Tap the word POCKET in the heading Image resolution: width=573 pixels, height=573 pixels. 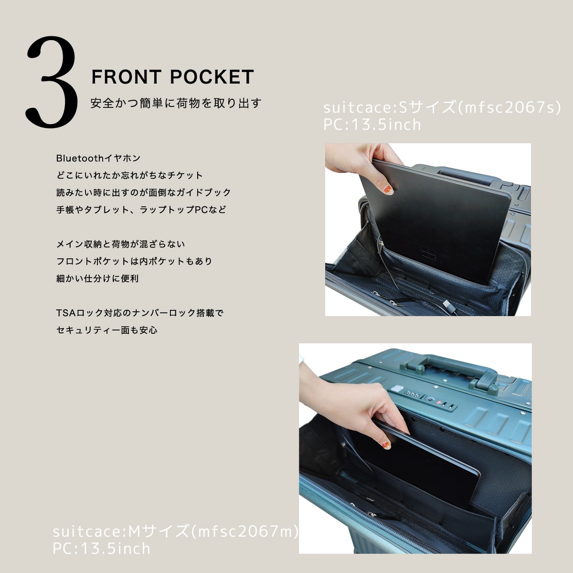point(212,77)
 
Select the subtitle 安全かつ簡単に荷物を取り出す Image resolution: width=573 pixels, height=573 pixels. point(176,103)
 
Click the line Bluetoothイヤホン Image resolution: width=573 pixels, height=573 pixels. point(98,158)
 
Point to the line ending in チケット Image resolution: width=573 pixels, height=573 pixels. point(129,175)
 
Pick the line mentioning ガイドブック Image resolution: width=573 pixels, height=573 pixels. point(143,192)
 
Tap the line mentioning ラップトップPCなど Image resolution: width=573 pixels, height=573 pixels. point(141,210)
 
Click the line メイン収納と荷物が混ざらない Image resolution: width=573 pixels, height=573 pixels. point(120,244)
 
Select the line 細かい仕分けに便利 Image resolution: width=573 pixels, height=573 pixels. point(97,278)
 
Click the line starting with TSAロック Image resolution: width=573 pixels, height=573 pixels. point(140,313)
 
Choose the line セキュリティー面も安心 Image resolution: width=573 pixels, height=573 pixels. point(107,330)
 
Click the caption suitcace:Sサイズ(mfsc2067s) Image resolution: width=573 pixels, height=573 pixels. point(442,107)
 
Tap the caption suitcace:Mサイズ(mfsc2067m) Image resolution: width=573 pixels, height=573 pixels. point(175,531)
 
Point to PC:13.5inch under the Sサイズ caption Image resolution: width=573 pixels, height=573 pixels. point(372,125)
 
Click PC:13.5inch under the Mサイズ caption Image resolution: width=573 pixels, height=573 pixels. point(102,548)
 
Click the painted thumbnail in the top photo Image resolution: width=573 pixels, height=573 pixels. point(387,190)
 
